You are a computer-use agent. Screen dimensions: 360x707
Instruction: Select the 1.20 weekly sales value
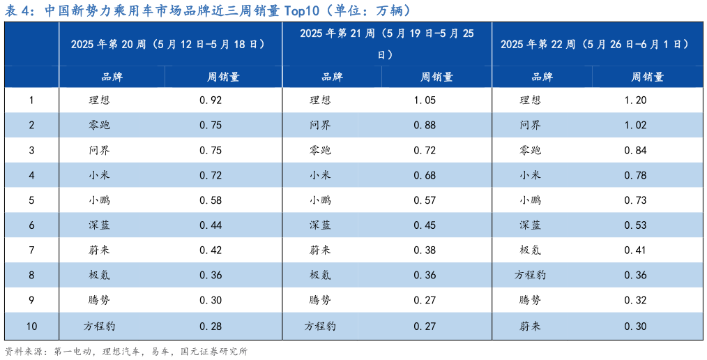pos(636,100)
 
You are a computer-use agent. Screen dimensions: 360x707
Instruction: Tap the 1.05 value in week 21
pos(425,100)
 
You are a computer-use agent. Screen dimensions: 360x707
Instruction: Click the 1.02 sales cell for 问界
pos(636,126)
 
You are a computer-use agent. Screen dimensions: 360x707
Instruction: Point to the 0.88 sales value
pos(425,126)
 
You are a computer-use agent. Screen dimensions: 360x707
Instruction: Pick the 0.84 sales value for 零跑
pos(636,151)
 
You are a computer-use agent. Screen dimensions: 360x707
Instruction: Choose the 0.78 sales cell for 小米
pos(636,176)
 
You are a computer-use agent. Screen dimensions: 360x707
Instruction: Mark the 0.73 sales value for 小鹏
pos(636,201)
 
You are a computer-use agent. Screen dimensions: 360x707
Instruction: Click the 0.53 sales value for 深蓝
pos(636,225)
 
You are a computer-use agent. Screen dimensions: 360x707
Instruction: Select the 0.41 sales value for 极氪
pos(636,250)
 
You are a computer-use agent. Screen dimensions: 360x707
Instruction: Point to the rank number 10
pos(31,327)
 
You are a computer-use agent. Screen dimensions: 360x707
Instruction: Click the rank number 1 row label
pos(31,100)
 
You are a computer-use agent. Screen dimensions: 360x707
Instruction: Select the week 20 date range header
pos(170,44)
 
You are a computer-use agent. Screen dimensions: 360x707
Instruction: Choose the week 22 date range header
pos(597,44)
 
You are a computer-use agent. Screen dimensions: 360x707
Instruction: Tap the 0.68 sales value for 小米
pos(425,176)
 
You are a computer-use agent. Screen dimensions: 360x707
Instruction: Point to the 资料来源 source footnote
pos(126,352)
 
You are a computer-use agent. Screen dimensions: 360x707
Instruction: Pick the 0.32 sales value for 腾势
pos(636,301)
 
